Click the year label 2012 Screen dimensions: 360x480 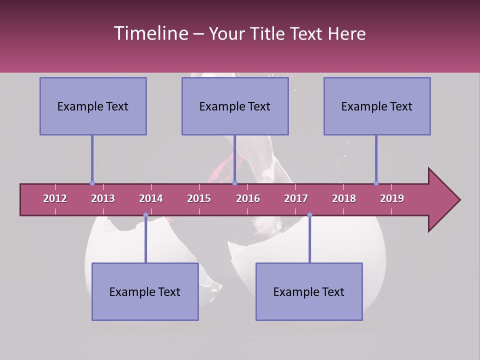(x=55, y=198)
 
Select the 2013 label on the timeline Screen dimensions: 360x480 (x=103, y=198)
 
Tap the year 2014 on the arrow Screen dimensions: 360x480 (x=151, y=198)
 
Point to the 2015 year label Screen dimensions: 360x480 (x=199, y=198)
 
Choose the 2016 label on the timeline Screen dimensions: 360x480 (x=248, y=198)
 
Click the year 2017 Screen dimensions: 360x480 (x=296, y=198)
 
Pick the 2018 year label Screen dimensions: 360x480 (x=344, y=198)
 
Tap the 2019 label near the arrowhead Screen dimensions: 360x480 (x=392, y=198)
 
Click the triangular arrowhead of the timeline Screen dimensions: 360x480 (x=443, y=200)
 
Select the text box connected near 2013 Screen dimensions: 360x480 (x=93, y=106)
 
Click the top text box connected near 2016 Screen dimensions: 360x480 (x=235, y=106)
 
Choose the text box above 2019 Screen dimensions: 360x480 (x=377, y=106)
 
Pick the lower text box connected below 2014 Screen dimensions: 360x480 (x=145, y=291)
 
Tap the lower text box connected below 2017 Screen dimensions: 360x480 (x=309, y=291)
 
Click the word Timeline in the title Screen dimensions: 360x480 (x=150, y=33)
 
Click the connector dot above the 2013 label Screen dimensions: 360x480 (x=92, y=183)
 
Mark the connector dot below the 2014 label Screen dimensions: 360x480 (x=145, y=215)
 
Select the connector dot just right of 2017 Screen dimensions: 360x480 (x=309, y=215)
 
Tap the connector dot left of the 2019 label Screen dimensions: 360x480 (x=376, y=183)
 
